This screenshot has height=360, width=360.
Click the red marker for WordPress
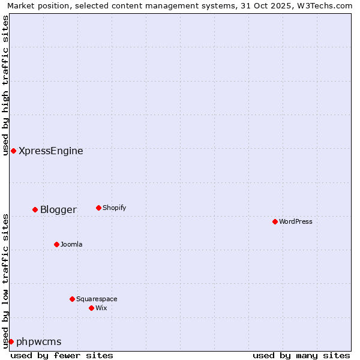(x=275, y=221)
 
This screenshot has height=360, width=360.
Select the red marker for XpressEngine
(x=13, y=151)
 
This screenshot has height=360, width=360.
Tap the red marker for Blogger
(x=35, y=209)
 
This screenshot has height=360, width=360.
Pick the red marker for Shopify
(x=98, y=208)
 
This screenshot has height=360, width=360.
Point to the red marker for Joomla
(x=56, y=244)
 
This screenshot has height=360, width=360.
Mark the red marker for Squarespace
(x=72, y=299)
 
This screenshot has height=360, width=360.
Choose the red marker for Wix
(x=91, y=308)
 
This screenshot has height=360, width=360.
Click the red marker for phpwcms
(x=11, y=341)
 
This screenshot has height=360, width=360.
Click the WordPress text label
(x=296, y=221)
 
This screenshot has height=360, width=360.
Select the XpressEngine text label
(x=51, y=151)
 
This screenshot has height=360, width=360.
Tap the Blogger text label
(x=58, y=209)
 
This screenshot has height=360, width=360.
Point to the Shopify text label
(x=114, y=208)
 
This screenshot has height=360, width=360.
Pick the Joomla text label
(x=71, y=244)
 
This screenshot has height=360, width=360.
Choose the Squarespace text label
(x=97, y=299)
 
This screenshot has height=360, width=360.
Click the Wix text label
(x=101, y=308)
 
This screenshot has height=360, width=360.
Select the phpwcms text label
(x=39, y=341)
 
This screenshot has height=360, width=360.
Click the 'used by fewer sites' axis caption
(x=62, y=355)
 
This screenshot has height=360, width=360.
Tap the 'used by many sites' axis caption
(x=301, y=355)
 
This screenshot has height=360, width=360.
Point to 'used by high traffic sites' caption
(x=5, y=85)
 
